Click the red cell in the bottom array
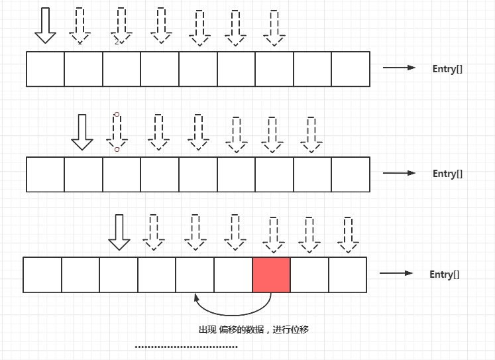coord(272,274)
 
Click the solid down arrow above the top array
coord(45,26)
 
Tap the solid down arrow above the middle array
coord(82,132)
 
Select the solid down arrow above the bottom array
coord(119,232)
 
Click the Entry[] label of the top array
coord(447,68)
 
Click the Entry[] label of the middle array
coord(447,174)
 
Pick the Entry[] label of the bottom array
coord(445,274)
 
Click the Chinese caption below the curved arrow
coord(253,330)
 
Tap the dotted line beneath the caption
coord(186,347)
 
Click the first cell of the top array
coord(46,69)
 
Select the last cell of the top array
coord(351,69)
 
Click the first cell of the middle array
coord(46,174)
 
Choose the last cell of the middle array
coord(351,174)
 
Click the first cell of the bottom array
coord(42,275)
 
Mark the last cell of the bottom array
coord(348,275)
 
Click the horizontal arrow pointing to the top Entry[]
coord(399,68)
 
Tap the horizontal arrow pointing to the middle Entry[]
coord(399,173)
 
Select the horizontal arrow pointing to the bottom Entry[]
coord(396,274)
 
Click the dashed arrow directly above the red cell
coord(272,233)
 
